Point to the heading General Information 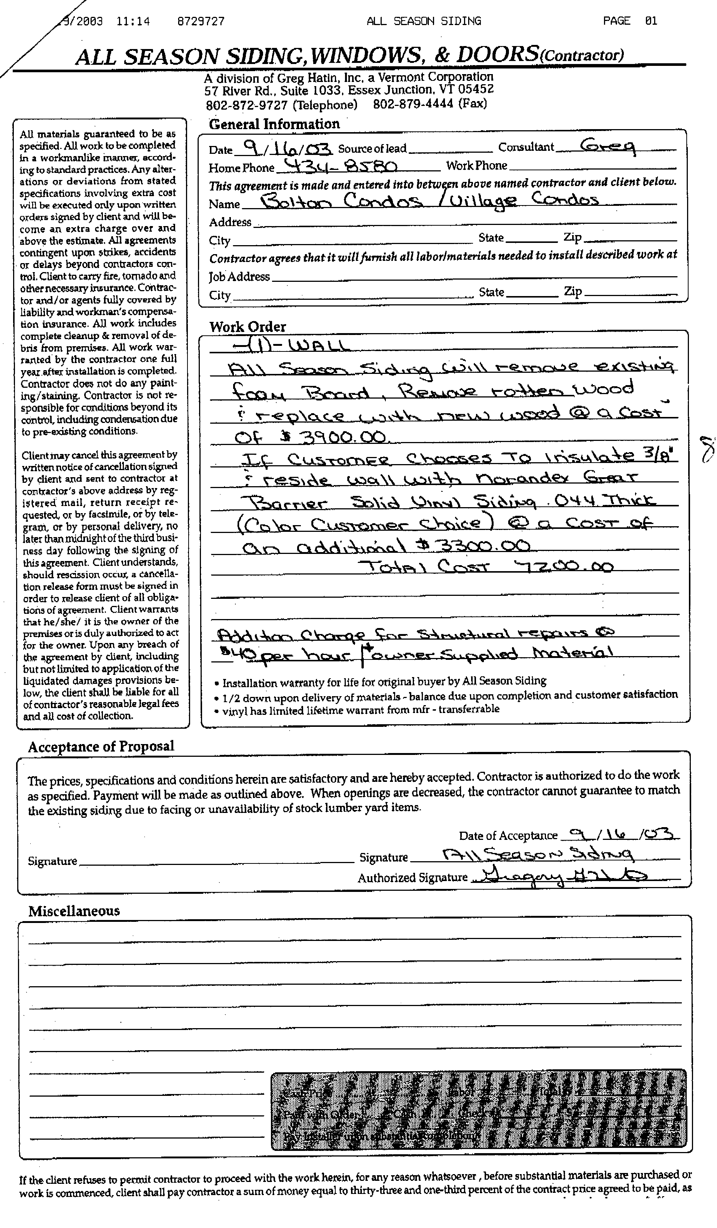click(274, 124)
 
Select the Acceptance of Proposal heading click(101, 747)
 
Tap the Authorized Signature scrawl click(560, 877)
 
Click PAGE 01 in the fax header click(629, 21)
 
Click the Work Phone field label click(476, 166)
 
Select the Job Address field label click(239, 277)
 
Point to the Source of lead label click(372, 148)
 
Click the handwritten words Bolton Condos click(341, 201)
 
